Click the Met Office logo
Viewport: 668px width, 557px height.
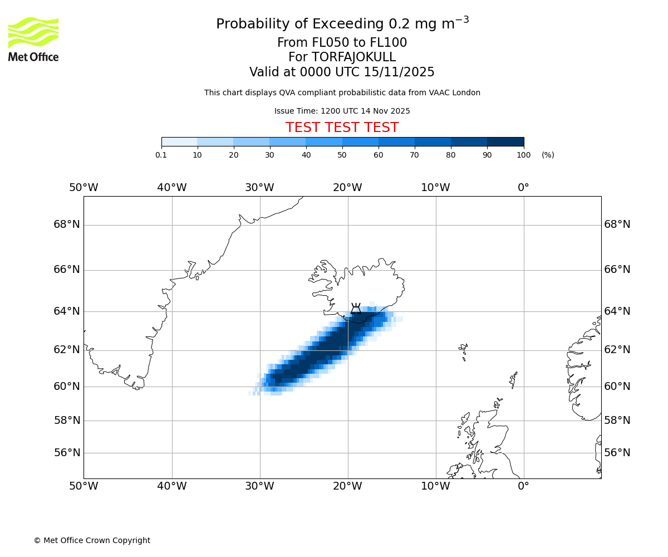33,39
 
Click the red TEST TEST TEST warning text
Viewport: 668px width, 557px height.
342,128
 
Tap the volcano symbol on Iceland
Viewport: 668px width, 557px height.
356,309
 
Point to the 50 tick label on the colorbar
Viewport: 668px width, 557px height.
342,155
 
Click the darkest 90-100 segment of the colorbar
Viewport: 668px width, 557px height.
505,141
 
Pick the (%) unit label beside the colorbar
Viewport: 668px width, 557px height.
548,155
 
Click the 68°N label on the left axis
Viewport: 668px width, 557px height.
67,224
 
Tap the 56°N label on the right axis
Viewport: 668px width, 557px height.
617,453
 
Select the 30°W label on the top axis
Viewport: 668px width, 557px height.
259,188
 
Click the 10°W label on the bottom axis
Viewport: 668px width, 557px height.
435,486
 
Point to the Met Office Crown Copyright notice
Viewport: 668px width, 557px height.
92,540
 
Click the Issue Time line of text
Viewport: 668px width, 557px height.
342,111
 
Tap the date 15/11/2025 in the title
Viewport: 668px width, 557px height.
399,72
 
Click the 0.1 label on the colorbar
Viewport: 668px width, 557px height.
161,155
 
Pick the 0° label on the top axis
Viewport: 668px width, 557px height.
523,188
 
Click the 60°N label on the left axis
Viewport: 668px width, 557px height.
67,386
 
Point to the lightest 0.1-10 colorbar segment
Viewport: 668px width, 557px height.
179,141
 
